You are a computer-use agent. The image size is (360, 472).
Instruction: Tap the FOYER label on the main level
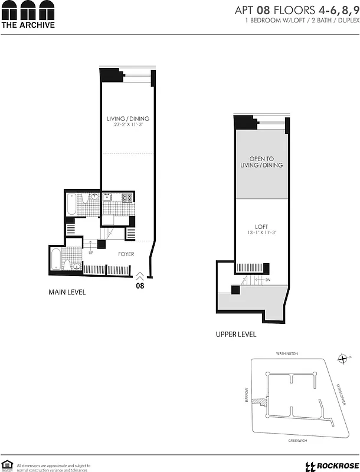click(126, 254)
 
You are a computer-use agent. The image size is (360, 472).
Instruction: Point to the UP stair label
click(90, 253)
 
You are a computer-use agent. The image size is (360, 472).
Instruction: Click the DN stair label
click(267, 280)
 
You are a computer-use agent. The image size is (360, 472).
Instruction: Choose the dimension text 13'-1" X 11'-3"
click(261, 232)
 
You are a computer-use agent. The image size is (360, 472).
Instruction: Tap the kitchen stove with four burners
click(125, 198)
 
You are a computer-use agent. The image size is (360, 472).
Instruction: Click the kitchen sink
click(107, 198)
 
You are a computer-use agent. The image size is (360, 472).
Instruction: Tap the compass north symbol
click(343, 358)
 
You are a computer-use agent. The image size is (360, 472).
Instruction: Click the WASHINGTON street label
click(287, 353)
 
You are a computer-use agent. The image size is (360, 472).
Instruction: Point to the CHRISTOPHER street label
click(341, 394)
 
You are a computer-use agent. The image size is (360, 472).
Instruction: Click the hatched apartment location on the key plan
click(257, 401)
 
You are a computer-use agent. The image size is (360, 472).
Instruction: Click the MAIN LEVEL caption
click(67, 292)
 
